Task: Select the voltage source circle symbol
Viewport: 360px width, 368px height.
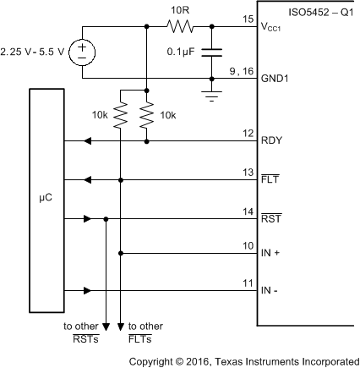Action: [82, 53]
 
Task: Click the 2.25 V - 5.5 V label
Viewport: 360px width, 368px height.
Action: [34, 52]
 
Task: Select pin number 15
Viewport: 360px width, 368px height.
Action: [247, 19]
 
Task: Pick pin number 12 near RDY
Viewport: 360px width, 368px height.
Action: [247, 132]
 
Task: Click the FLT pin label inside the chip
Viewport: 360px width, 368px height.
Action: [270, 180]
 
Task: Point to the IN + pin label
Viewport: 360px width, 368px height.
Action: [272, 252]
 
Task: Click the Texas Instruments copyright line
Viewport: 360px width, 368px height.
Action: [243, 361]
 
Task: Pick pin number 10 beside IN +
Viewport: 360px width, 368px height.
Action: [247, 244]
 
